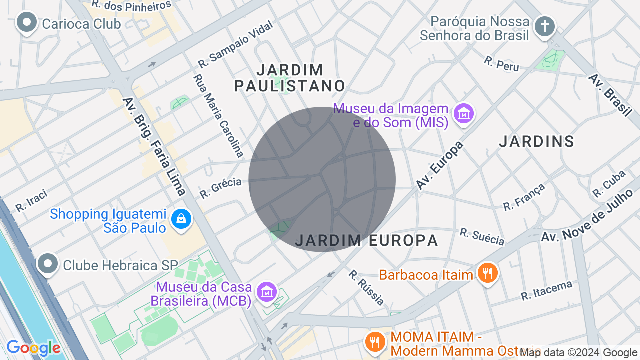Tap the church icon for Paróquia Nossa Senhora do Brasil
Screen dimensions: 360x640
coord(544,26)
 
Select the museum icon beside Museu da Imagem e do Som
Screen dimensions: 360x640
coord(463,114)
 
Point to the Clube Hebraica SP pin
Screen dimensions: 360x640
coord(48,264)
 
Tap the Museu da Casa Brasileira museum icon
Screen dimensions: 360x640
coord(266,292)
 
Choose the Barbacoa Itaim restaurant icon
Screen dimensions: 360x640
coord(487,273)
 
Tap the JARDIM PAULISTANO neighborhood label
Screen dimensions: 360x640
coord(289,78)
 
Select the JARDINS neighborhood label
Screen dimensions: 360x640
coord(537,142)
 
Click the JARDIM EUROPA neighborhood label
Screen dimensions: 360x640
coord(366,241)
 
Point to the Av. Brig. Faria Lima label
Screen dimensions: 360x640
coord(155,146)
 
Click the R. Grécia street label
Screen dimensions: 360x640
coord(220,188)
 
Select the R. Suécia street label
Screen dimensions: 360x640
coord(482,237)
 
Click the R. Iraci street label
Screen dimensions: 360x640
coord(31,200)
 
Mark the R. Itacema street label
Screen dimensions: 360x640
coord(546,291)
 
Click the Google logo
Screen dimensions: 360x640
coord(33,348)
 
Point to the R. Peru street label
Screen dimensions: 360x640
coord(501,64)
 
